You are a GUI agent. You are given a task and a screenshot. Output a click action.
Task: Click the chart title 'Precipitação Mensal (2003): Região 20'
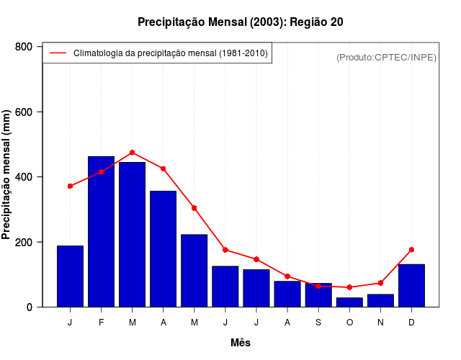pos(241,22)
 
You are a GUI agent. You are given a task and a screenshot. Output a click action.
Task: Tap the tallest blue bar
pos(101,232)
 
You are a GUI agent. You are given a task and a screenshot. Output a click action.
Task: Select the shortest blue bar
pos(349,302)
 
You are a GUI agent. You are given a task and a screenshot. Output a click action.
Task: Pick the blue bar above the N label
pos(380,300)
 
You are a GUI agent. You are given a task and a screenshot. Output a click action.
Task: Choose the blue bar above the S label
pos(318,295)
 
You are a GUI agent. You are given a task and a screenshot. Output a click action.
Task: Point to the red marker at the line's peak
pos(133,153)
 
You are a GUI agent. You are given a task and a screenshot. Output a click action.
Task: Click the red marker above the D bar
pos(411,250)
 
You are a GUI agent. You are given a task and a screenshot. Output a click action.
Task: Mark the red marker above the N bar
pos(380,283)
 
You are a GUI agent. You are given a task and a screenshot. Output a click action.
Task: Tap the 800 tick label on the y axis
pos(24,47)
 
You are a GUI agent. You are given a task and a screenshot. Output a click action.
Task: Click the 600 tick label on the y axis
pos(24,112)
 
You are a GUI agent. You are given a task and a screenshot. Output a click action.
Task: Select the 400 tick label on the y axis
pos(24,177)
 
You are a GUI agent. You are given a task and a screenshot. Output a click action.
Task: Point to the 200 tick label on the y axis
pos(24,242)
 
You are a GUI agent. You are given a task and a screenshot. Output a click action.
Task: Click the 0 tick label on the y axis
pos(30,307)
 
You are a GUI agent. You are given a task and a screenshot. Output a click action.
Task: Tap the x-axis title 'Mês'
pos(241,343)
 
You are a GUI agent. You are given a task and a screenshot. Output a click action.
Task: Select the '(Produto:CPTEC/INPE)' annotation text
pos(387,57)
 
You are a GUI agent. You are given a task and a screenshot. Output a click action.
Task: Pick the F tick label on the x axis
pos(101,323)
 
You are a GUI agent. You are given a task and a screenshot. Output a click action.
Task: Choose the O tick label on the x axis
pos(349,323)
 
